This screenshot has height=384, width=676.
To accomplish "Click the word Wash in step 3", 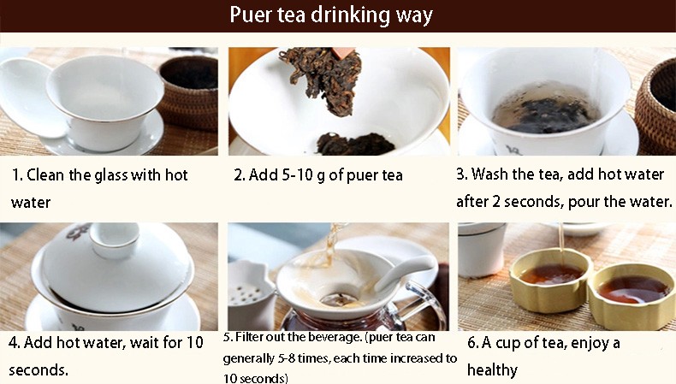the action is (x=490, y=174).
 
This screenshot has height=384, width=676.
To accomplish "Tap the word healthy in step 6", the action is (x=492, y=369).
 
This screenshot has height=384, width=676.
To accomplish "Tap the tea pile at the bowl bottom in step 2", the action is (x=355, y=144).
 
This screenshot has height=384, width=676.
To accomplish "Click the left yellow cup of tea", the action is (x=550, y=280).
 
